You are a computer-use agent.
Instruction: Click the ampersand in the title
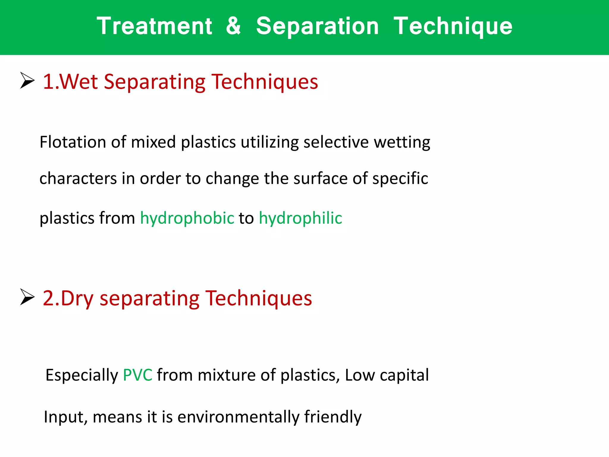point(233,26)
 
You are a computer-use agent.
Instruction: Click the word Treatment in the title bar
point(154,26)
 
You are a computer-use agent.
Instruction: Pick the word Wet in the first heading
point(79,82)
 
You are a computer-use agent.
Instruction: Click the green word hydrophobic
point(187,218)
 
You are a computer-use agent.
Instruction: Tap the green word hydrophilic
point(300,218)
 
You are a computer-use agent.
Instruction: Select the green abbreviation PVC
point(137,375)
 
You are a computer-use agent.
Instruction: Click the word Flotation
point(73,142)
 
